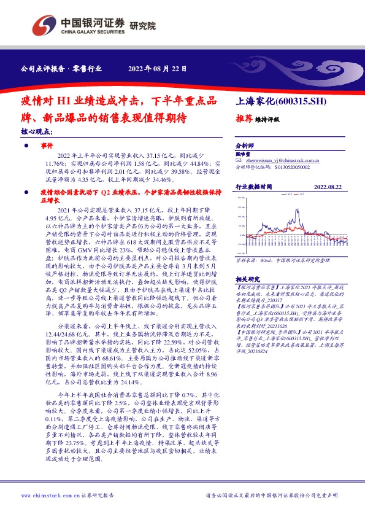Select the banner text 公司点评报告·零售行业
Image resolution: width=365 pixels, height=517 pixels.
61,68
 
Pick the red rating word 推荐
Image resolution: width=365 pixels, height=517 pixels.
245,119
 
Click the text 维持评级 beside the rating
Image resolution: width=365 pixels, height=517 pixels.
267,120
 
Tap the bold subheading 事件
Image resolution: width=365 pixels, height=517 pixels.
47,147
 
